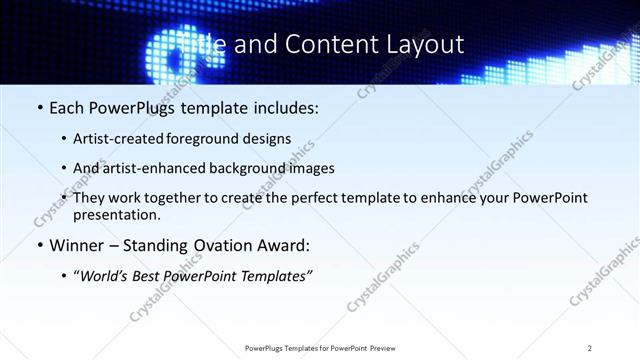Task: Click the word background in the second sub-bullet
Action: [x=243, y=168]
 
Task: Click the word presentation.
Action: [x=117, y=214]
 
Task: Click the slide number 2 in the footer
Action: [x=590, y=348]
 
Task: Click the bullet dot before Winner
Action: [x=39, y=246]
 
